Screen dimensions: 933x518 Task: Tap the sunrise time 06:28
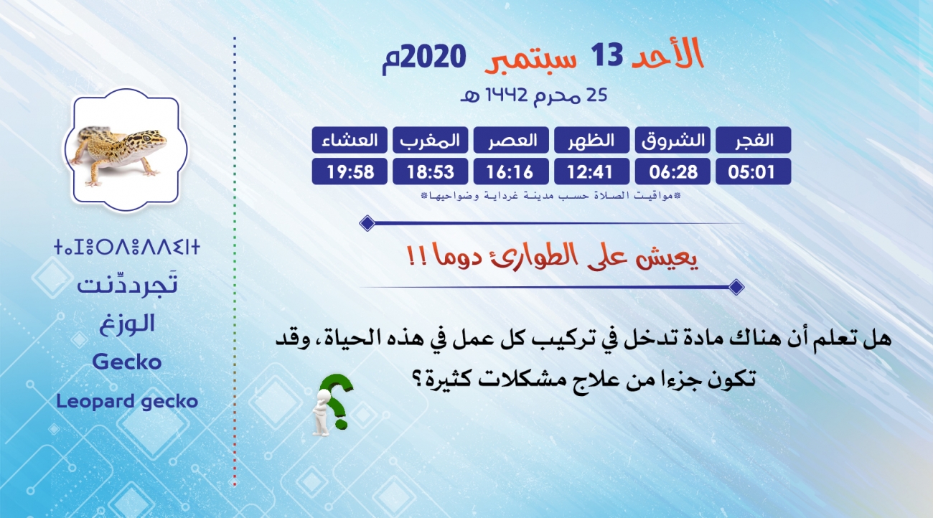pyautogui.click(x=672, y=171)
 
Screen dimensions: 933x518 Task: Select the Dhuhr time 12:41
pyautogui.click(x=591, y=171)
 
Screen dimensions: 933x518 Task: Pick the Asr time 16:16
pyautogui.click(x=511, y=171)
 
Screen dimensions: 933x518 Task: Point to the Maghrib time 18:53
pyautogui.click(x=430, y=171)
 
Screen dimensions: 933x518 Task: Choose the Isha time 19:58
pyautogui.click(x=350, y=171)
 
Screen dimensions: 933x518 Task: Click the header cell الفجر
pyautogui.click(x=753, y=140)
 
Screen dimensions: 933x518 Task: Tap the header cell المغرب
pyautogui.click(x=430, y=140)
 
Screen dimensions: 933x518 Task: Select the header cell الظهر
pyautogui.click(x=591, y=140)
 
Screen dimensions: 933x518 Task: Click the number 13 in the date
pyautogui.click(x=607, y=55)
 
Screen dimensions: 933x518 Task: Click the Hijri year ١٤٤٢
pyautogui.click(x=507, y=95)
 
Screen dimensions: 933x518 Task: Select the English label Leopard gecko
pyautogui.click(x=127, y=402)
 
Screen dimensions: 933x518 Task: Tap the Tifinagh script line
pyautogui.click(x=127, y=247)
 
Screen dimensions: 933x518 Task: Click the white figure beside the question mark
pyautogui.click(x=322, y=413)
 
